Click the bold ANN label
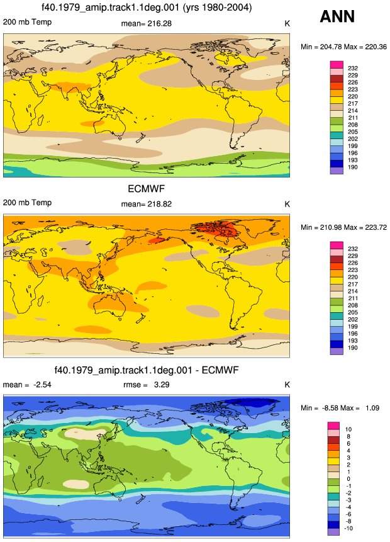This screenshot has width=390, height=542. (337, 16)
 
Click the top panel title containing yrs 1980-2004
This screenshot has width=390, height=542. (147, 7)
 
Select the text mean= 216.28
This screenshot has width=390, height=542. (146, 23)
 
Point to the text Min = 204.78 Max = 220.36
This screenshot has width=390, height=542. (343, 47)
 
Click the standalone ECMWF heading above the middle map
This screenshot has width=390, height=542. (147, 189)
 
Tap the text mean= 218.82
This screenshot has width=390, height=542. (146, 204)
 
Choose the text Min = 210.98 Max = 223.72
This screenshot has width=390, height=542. (343, 227)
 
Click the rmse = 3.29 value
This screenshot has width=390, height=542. (147, 385)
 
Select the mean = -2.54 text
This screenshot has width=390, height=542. (27, 385)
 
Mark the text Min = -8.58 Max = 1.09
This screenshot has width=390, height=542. (340, 408)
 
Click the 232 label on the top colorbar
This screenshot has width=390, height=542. (353, 68)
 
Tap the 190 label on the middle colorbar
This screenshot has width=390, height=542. (353, 347)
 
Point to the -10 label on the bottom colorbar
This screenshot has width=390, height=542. (349, 528)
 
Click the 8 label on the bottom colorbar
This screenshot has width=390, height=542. (348, 437)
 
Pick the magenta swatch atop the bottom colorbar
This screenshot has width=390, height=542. (333, 426)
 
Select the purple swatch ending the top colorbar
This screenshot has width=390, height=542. (337, 171)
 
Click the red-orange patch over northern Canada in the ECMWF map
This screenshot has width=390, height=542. (216, 229)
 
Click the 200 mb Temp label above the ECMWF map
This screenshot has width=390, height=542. (27, 203)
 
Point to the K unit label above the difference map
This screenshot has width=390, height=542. (287, 385)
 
